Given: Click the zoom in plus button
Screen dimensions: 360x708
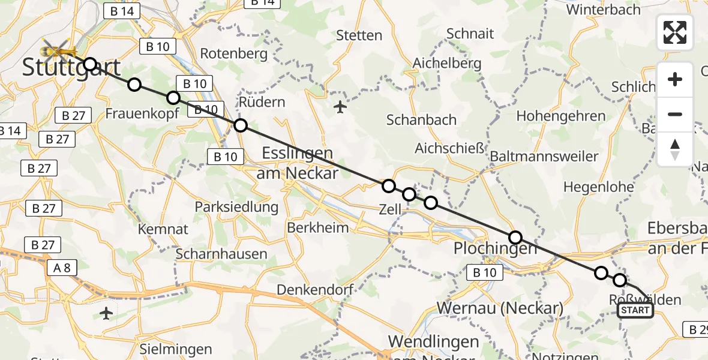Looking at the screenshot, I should [675, 79].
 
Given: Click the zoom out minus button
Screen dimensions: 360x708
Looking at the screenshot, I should [675, 114].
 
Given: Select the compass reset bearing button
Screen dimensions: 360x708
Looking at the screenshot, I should [675, 149].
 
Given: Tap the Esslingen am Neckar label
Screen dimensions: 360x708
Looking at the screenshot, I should [297, 163].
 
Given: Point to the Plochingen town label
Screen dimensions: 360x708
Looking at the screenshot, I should [495, 248].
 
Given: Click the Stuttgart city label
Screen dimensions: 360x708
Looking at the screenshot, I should [71, 67].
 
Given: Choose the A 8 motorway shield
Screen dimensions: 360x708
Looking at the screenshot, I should [61, 268].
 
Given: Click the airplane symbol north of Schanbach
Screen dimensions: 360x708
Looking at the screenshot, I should [340, 107].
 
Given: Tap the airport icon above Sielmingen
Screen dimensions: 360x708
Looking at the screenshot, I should [107, 313].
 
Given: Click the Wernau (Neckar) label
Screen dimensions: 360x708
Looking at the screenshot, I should [500, 308].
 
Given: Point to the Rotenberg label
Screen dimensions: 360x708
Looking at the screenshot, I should [233, 53].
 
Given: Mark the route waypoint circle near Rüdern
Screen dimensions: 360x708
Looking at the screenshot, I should [240, 125].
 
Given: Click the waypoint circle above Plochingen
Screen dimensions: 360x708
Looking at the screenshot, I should [515, 237].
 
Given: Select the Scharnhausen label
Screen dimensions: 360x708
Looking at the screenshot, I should [222, 254].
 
